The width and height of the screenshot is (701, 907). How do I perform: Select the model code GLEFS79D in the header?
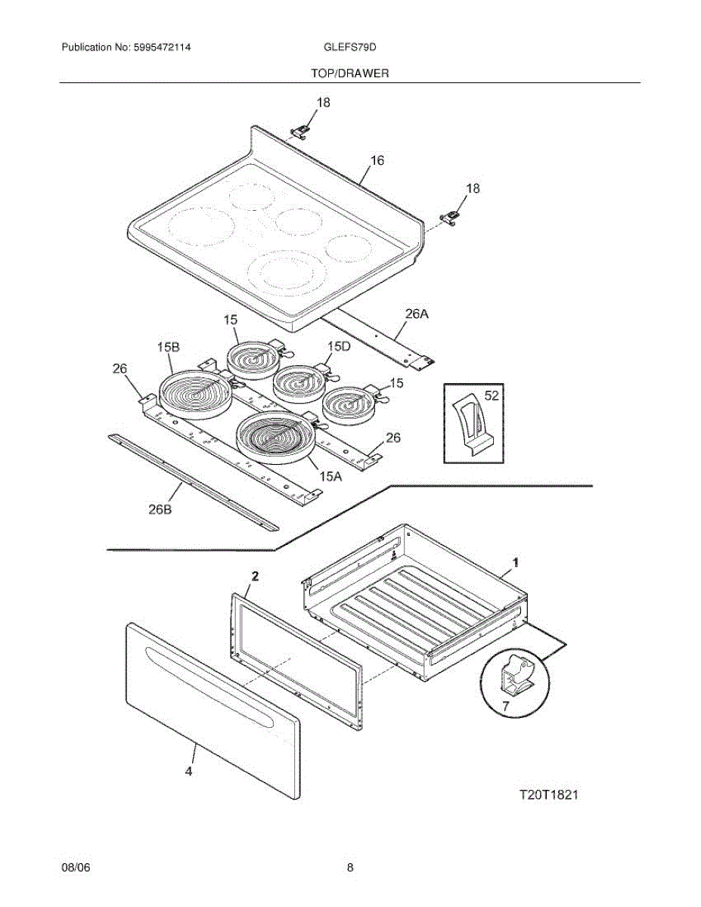coord(350,47)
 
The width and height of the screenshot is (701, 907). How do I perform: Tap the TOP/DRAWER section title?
coord(350,73)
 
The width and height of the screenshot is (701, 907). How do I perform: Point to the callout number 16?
coord(377,160)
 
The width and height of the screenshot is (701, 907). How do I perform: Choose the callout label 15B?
coord(168,347)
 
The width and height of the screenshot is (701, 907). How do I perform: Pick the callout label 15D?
coord(340,346)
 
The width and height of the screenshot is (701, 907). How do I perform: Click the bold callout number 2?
coord(255,576)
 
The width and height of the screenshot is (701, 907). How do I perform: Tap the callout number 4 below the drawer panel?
coord(188,772)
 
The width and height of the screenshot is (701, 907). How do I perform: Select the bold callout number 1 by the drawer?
coord(515,562)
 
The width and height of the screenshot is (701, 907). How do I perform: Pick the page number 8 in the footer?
coord(350,868)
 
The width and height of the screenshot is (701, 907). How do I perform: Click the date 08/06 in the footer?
coord(76,868)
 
